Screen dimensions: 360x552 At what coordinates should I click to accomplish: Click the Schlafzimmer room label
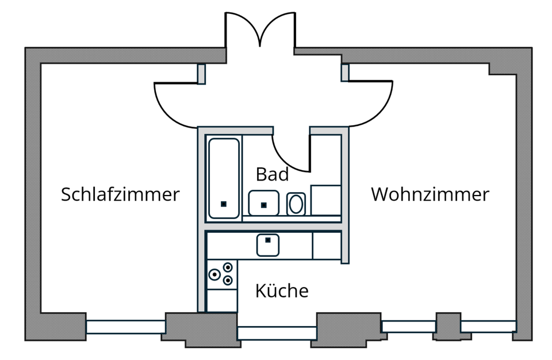pyautogui.click(x=120, y=194)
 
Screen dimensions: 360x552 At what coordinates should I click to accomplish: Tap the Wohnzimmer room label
pyautogui.click(x=430, y=194)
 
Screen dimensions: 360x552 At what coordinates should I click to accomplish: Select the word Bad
pyautogui.click(x=272, y=173)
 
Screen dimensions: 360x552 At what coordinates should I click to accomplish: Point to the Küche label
pyautogui.click(x=282, y=291)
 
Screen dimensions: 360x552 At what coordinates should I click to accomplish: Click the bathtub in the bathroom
pyautogui.click(x=224, y=178)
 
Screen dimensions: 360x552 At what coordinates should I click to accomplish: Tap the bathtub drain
pyautogui.click(x=224, y=204)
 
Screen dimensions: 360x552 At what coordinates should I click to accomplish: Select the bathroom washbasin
pyautogui.click(x=263, y=203)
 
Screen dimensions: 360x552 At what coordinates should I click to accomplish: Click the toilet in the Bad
pyautogui.click(x=296, y=204)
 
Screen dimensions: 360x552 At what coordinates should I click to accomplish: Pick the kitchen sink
pyautogui.click(x=268, y=245)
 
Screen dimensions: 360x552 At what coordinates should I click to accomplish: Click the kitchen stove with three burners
pyautogui.click(x=221, y=274)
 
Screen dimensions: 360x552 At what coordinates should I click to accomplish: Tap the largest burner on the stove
pyautogui.click(x=214, y=275)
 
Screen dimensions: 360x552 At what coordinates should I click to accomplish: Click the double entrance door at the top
pyautogui.click(x=260, y=29)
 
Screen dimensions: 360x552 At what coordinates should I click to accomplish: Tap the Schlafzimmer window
pyautogui.click(x=125, y=327)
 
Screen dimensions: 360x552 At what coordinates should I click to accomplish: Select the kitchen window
pyautogui.click(x=277, y=333)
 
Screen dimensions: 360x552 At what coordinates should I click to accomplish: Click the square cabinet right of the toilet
pyautogui.click(x=326, y=200)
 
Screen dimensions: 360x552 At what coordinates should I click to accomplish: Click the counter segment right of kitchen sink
pyautogui.click(x=327, y=246)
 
